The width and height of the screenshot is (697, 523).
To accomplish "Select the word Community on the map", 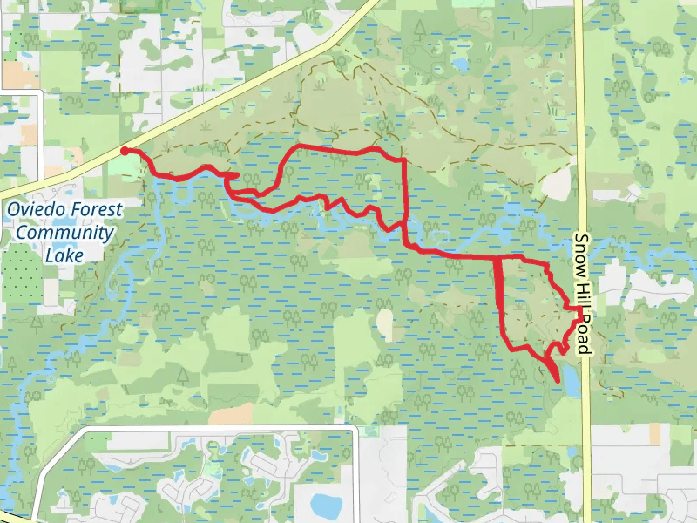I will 65,233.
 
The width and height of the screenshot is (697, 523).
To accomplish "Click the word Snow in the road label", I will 583,252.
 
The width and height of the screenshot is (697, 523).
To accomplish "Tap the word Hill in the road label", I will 583,289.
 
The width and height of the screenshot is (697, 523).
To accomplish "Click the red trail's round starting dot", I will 125,151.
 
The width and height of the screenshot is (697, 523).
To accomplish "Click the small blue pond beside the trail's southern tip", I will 571,380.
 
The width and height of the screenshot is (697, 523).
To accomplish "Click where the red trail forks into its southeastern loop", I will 497,259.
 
